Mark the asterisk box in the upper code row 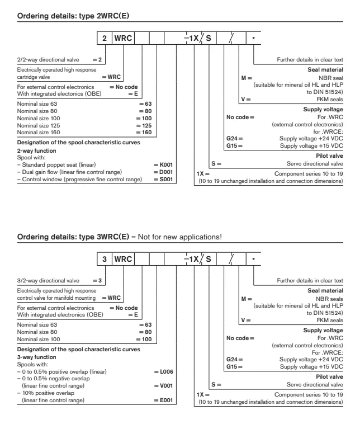[x=254, y=39]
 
